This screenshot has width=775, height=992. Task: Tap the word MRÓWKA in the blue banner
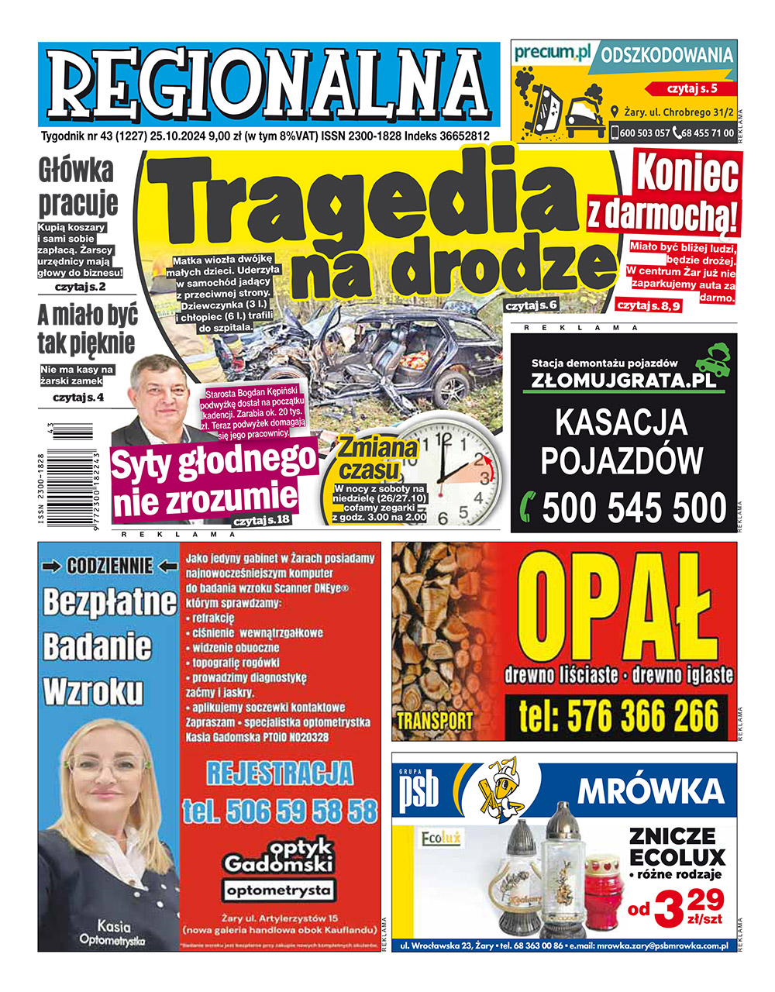point(650,791)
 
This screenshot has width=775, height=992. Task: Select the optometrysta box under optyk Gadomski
point(279,890)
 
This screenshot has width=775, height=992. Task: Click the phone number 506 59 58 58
point(280,811)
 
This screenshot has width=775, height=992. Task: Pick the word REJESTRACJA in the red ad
point(280,773)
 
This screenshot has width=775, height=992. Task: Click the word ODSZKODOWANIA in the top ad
point(667,56)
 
